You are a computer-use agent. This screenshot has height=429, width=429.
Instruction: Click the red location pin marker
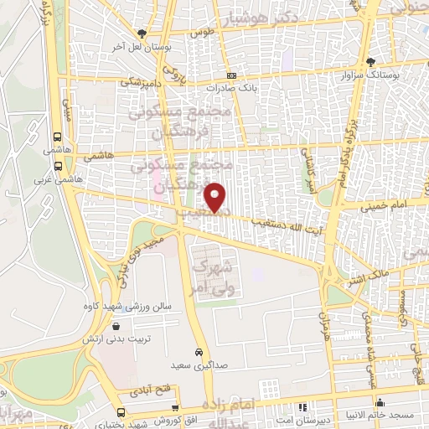coord(216,196)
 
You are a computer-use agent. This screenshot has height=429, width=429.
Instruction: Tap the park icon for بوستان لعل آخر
coord(142,33)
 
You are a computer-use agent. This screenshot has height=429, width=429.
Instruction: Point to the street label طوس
coord(199,33)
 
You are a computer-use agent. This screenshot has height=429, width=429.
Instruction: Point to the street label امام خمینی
coord(386,204)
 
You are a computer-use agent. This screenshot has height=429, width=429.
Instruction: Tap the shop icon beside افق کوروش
coord(122,412)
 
